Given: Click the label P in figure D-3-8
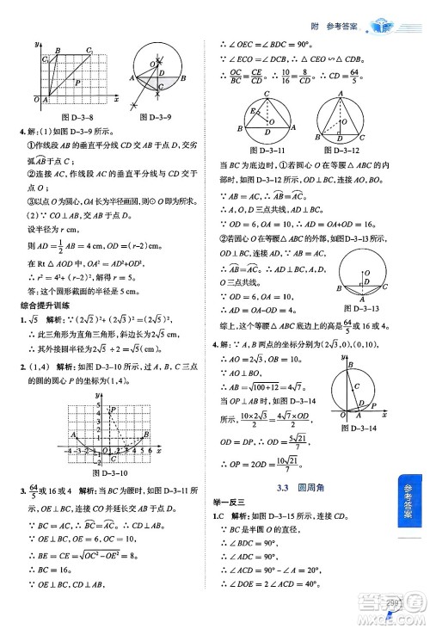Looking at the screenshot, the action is pyautogui.click(x=77, y=83).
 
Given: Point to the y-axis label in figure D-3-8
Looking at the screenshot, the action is pyautogui.click(x=37, y=44).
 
